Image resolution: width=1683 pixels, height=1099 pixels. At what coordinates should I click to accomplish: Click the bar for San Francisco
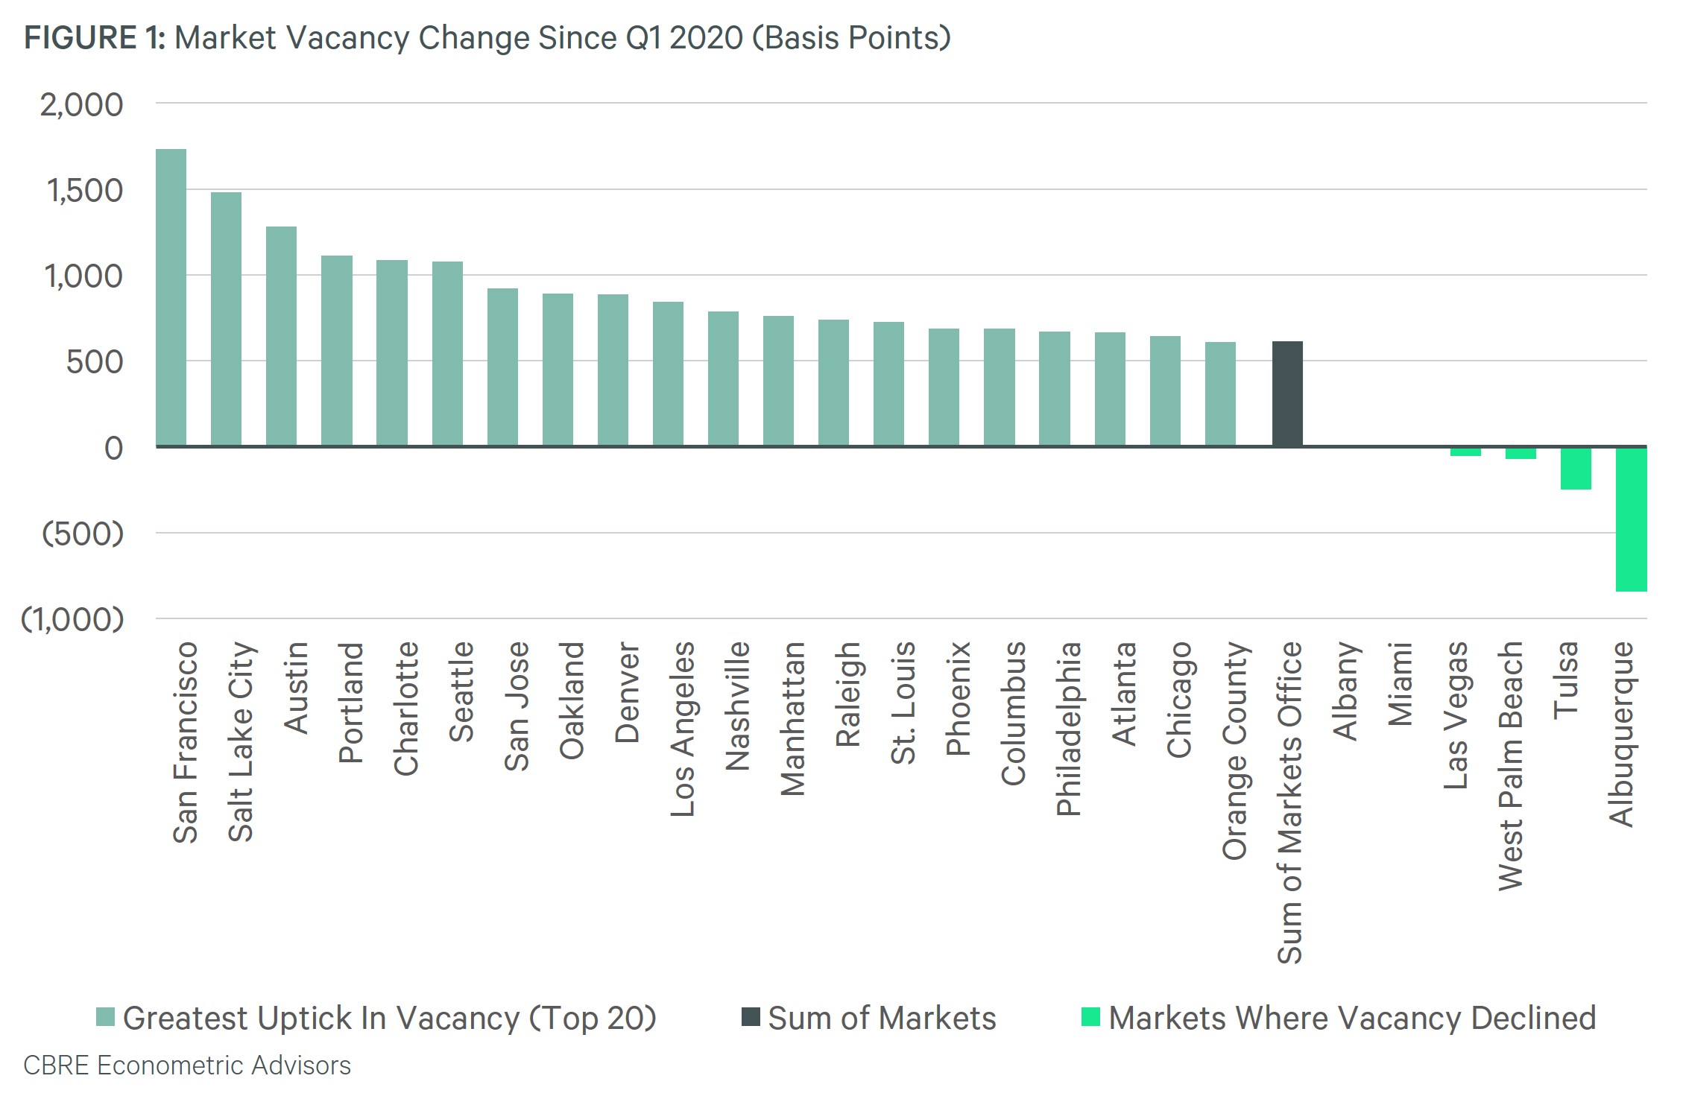tap(171, 297)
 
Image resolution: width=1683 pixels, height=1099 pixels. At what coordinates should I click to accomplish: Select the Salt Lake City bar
tap(226, 319)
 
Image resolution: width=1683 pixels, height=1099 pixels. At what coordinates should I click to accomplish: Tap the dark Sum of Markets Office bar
tap(1287, 393)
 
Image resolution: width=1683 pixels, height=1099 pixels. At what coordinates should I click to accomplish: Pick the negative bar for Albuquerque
tap(1631, 519)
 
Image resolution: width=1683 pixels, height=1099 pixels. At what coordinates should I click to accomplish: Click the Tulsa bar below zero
tap(1576, 469)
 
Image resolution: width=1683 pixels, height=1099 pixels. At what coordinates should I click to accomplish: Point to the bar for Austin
tap(281, 336)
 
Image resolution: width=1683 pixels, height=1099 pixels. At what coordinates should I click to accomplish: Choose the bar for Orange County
tap(1220, 394)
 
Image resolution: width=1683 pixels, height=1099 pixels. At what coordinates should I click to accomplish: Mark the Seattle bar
tap(447, 354)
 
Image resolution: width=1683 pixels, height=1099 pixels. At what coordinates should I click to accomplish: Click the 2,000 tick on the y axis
tap(82, 105)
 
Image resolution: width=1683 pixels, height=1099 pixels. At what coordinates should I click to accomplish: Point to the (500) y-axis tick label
tap(83, 533)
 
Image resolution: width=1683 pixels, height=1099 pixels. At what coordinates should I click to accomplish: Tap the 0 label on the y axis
tap(114, 448)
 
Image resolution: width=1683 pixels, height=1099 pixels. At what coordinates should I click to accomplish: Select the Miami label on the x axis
tap(1401, 684)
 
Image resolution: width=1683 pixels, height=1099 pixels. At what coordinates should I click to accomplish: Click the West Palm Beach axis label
tap(1511, 766)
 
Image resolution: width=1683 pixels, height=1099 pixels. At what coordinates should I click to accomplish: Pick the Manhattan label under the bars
tap(792, 719)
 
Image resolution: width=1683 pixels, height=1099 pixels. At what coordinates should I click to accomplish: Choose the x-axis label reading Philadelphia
tap(1068, 729)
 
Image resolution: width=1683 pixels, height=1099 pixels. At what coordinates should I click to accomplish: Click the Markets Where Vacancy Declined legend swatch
tap(1090, 1016)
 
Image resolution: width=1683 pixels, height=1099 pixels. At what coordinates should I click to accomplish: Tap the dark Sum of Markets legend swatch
tap(751, 1016)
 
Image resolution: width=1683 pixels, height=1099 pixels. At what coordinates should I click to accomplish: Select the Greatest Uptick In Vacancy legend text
tap(390, 1018)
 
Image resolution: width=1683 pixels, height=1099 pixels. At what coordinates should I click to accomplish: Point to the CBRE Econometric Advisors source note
tap(187, 1065)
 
